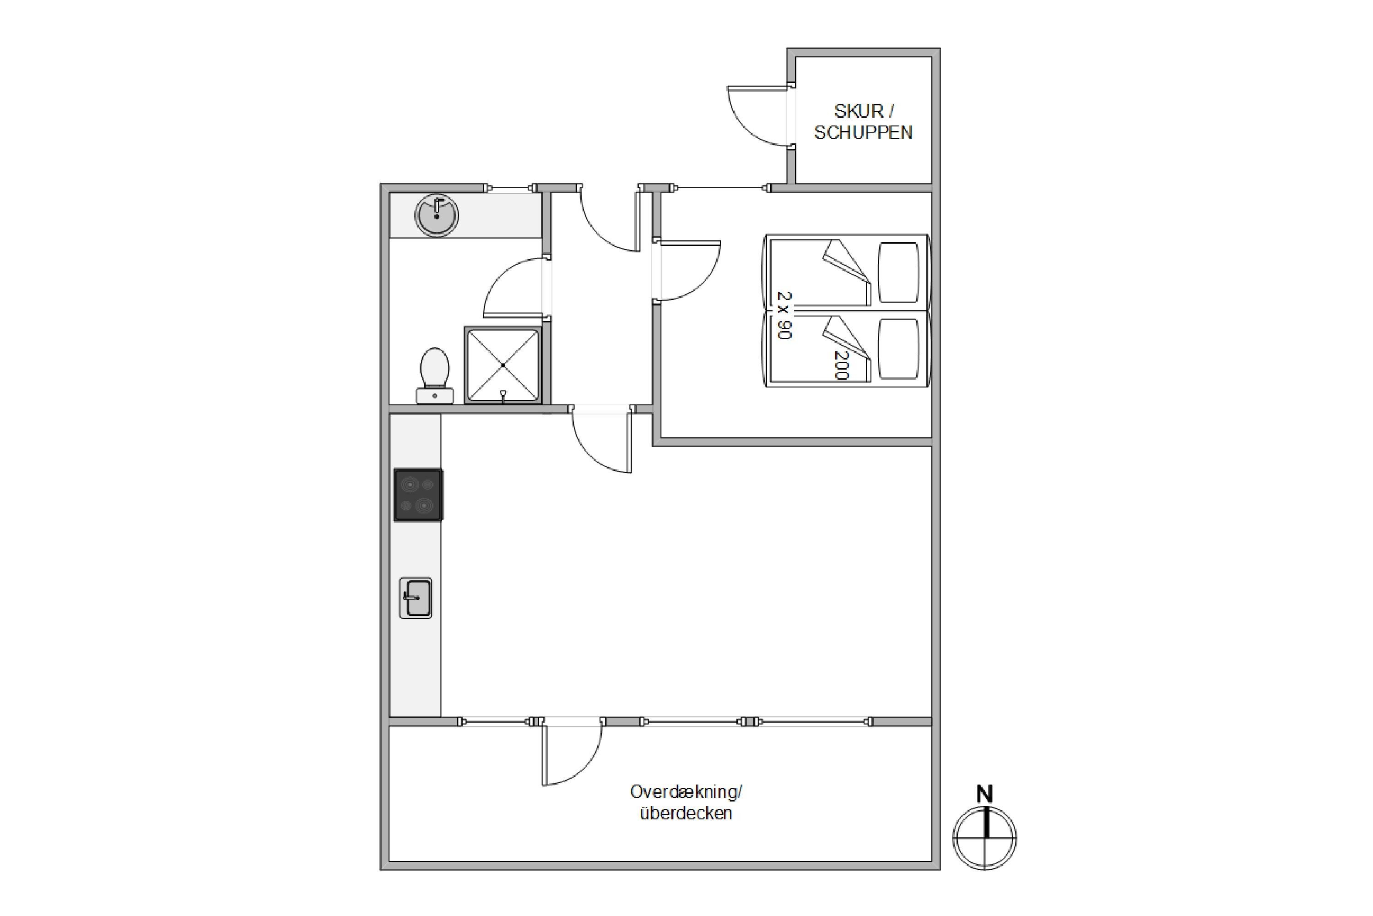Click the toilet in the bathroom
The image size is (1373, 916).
click(x=435, y=375)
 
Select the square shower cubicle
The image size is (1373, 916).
click(x=503, y=365)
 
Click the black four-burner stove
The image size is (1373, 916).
click(x=418, y=495)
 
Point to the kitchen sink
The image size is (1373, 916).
click(x=416, y=598)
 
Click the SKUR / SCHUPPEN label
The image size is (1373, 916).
click(x=863, y=121)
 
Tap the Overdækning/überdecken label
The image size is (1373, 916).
click(x=686, y=803)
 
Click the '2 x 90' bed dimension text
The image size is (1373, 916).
click(x=784, y=316)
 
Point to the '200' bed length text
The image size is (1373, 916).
click(x=841, y=365)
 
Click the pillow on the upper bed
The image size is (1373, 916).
click(x=899, y=273)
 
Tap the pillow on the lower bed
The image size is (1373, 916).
click(x=899, y=349)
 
